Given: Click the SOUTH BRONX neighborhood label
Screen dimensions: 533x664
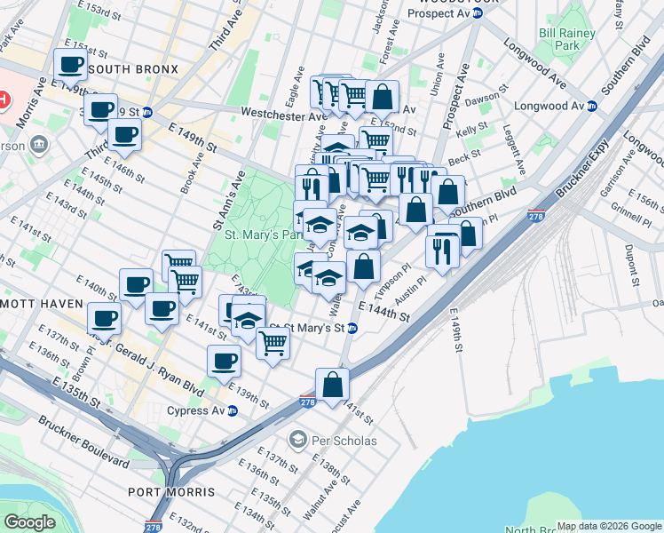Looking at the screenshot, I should tap(133, 69).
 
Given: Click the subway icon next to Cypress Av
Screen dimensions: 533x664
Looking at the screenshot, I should tap(233, 410).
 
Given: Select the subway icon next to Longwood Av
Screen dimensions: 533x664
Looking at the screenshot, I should tap(591, 106).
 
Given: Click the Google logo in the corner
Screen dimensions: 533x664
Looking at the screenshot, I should tap(29, 522).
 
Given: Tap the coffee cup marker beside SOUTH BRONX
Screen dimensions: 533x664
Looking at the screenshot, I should tap(70, 64).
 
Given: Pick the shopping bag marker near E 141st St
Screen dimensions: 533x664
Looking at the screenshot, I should tap(332, 385).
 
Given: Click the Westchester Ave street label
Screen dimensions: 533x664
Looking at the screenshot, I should tap(284, 115).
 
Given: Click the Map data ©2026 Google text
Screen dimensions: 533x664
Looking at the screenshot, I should tap(608, 526).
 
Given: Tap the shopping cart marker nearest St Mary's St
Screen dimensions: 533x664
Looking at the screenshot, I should tap(273, 342).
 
